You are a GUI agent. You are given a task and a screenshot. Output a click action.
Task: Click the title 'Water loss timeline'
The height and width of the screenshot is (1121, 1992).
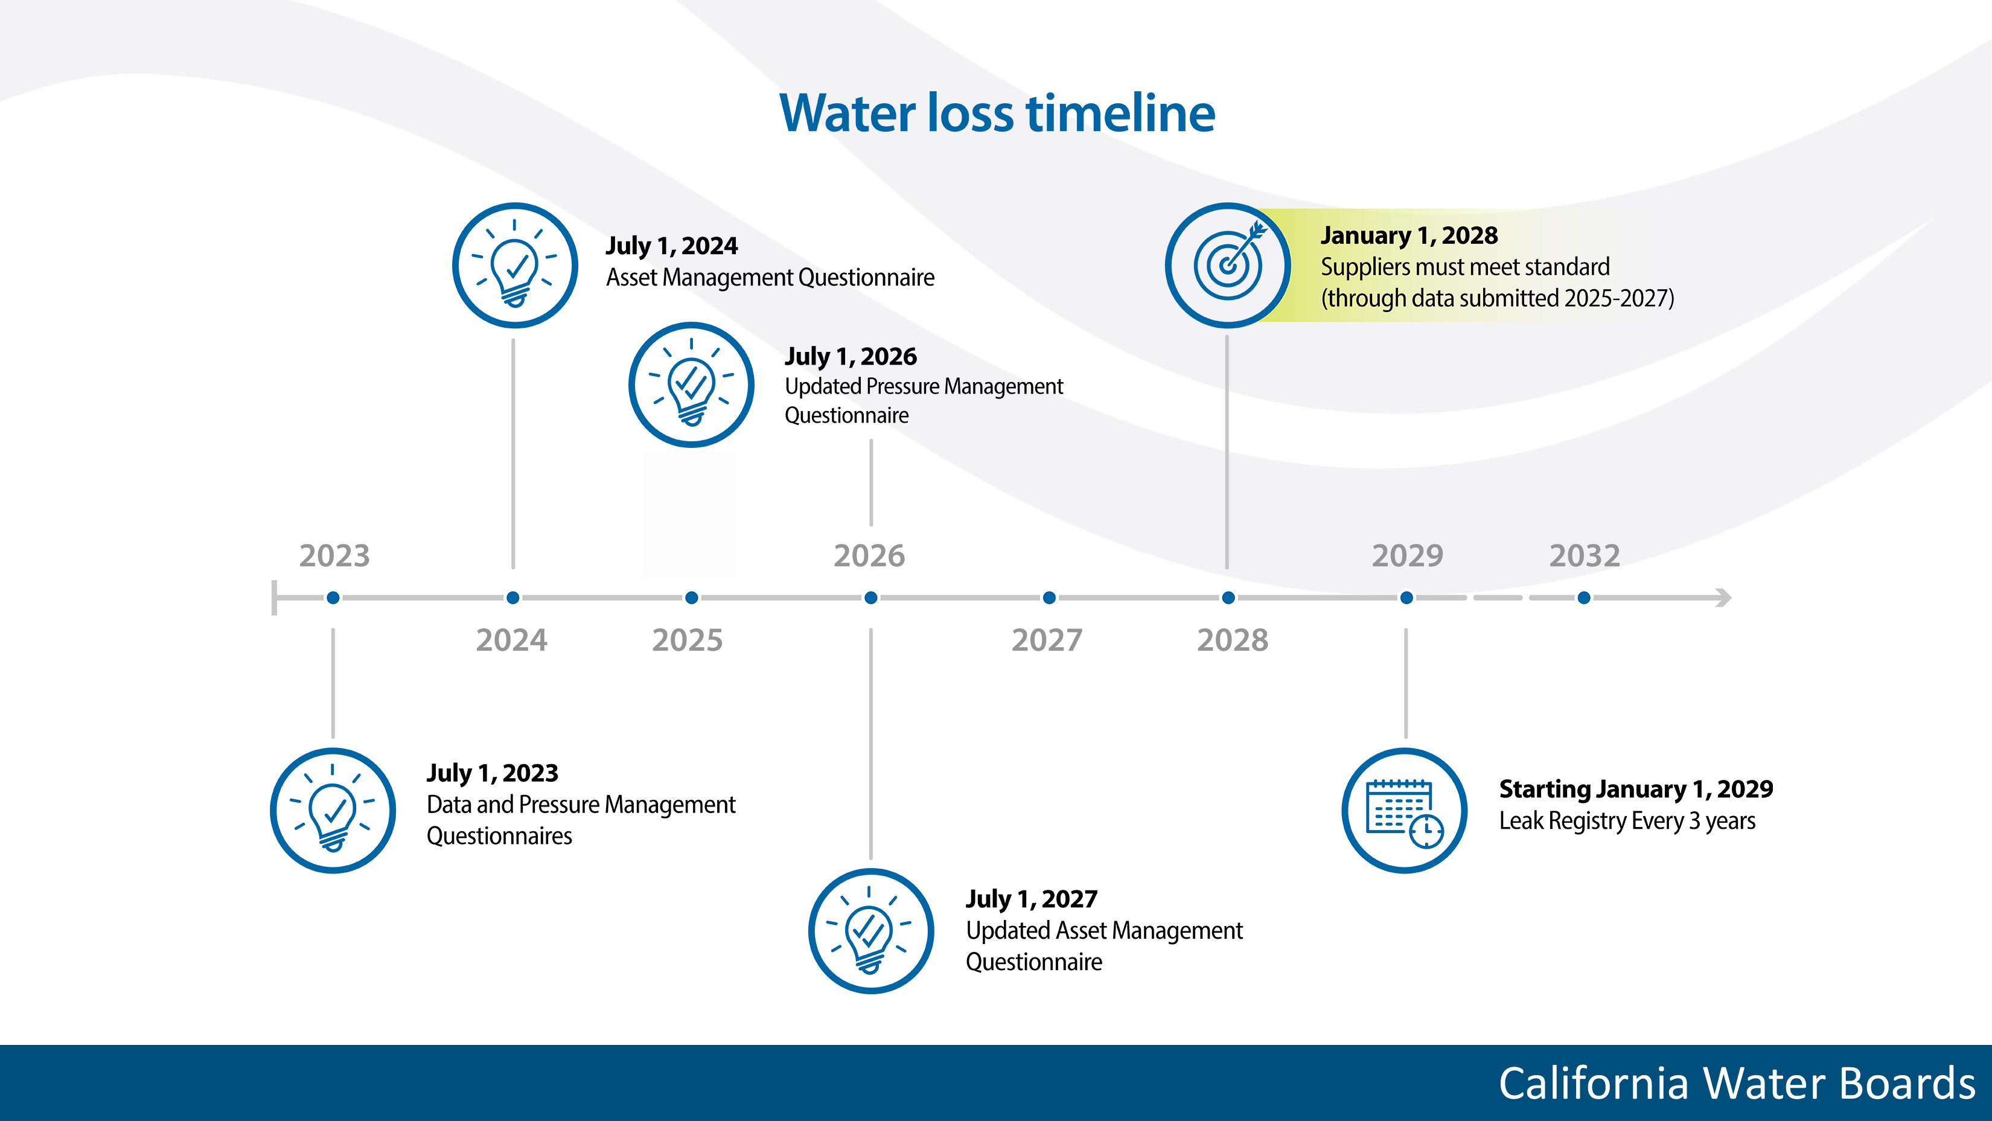pyautogui.click(x=997, y=113)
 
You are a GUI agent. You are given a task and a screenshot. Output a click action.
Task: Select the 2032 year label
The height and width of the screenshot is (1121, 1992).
pyautogui.click(x=1584, y=556)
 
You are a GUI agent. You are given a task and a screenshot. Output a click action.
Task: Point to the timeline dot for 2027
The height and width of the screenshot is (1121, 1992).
pyautogui.click(x=1049, y=598)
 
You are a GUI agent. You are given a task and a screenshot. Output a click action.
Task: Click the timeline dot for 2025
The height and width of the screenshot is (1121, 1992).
pyautogui.click(x=692, y=598)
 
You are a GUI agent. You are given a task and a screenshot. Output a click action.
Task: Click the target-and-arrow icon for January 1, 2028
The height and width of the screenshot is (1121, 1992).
pyautogui.click(x=1228, y=265)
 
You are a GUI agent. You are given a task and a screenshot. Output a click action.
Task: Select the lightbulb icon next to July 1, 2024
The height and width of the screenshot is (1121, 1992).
pyautogui.click(x=515, y=265)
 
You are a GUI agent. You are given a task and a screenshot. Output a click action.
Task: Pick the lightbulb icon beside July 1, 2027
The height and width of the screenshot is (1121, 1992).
pyautogui.click(x=870, y=931)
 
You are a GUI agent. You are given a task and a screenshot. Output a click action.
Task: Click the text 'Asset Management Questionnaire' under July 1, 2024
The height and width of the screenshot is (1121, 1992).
pyautogui.click(x=770, y=278)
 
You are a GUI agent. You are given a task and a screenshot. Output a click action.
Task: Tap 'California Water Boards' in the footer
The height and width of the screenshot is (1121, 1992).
pyautogui.click(x=1737, y=1083)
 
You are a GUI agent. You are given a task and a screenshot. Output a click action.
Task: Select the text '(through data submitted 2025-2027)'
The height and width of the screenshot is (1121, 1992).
pyautogui.click(x=1497, y=298)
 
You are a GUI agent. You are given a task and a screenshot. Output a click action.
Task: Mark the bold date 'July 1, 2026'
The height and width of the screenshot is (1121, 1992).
pyautogui.click(x=851, y=356)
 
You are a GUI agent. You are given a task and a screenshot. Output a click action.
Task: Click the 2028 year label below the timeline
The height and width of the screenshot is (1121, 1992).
pyautogui.click(x=1232, y=640)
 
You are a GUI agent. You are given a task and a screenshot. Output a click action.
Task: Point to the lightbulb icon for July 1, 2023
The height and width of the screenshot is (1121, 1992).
pyautogui.click(x=333, y=811)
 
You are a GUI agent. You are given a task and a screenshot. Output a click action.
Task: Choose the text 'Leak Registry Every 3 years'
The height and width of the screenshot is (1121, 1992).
pyautogui.click(x=1627, y=821)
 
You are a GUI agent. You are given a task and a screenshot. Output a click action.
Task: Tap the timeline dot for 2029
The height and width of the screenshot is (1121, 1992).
pyautogui.click(x=1406, y=598)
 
